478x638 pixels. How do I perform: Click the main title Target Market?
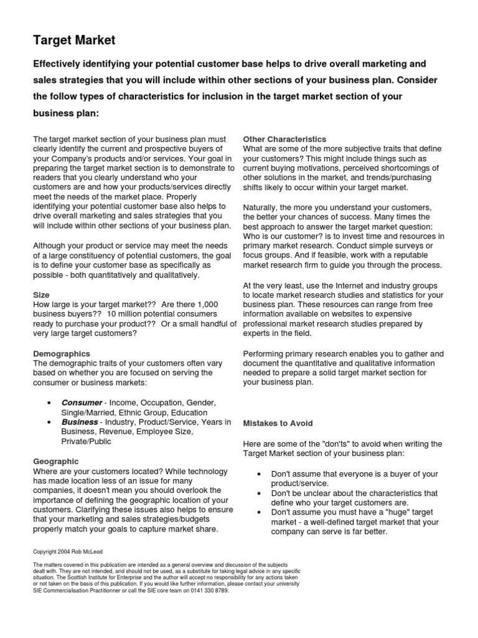point(74,41)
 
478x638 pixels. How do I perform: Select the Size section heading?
point(41,294)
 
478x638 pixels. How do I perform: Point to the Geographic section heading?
point(55,461)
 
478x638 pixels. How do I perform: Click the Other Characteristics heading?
point(284,139)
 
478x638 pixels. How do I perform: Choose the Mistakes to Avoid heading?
point(278,423)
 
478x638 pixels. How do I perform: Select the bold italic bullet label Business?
point(79,422)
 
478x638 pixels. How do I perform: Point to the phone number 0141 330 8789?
point(212,591)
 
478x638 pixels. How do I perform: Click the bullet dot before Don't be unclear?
point(258,493)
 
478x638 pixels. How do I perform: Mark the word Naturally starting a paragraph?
point(262,207)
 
